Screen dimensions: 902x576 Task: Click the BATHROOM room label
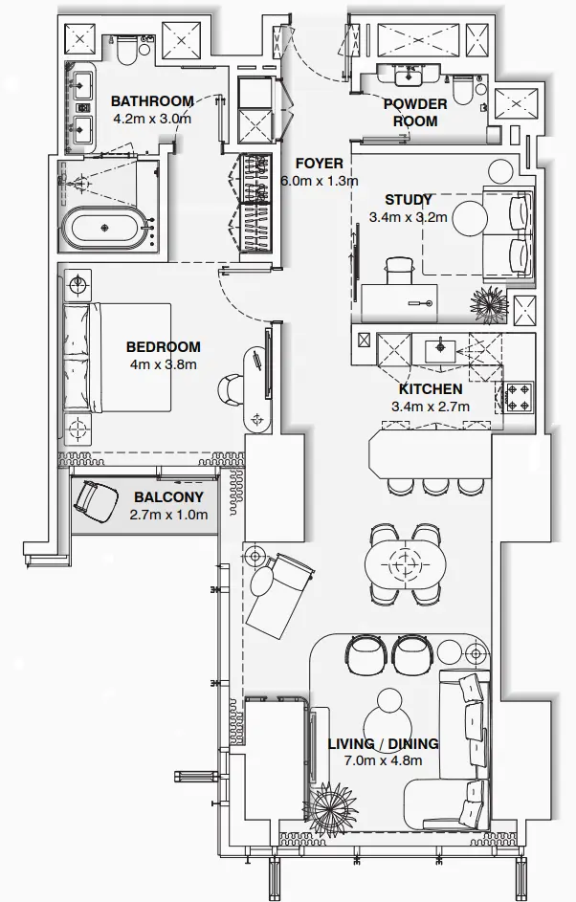(x=152, y=101)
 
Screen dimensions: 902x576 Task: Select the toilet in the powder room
(x=462, y=91)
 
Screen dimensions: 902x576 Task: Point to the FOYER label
(x=319, y=164)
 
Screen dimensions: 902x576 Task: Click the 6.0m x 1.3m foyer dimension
(x=319, y=181)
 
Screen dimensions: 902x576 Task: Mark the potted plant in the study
(x=488, y=301)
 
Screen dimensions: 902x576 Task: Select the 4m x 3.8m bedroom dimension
(x=163, y=364)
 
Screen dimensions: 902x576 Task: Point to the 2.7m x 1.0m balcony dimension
(x=167, y=515)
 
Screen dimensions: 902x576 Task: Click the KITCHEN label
(x=431, y=389)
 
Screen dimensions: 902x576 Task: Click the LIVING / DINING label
(x=383, y=743)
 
